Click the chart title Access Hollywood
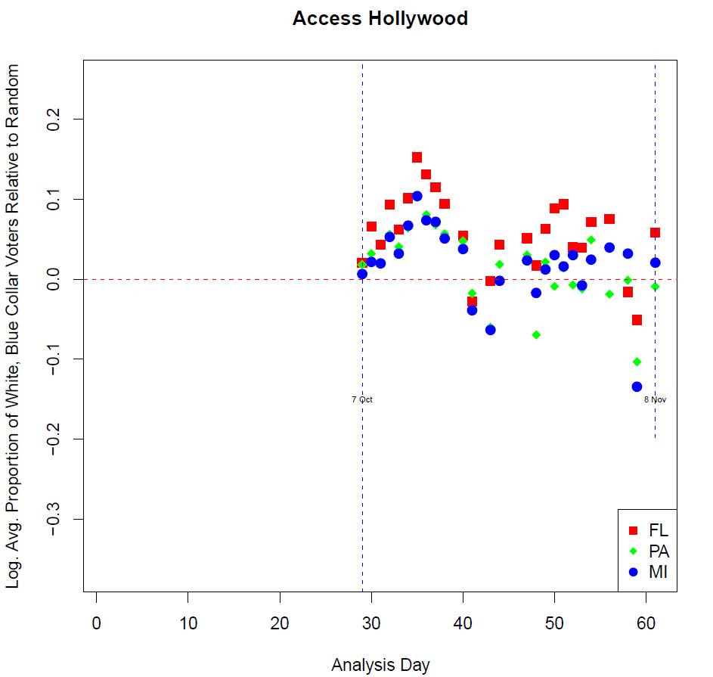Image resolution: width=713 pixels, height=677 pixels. [x=380, y=18]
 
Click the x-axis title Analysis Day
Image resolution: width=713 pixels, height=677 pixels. [x=380, y=665]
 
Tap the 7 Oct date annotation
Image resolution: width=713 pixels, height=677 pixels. [x=362, y=399]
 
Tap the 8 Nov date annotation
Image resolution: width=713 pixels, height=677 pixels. [x=655, y=399]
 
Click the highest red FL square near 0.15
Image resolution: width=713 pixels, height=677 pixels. [x=417, y=157]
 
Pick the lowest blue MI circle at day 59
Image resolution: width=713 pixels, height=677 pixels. [x=637, y=387]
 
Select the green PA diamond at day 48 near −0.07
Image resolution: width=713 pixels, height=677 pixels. [x=536, y=334]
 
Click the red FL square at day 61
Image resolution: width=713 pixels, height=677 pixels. [x=655, y=232]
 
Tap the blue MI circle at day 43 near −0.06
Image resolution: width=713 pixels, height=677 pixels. [x=490, y=329]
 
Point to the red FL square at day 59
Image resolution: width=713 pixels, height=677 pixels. [x=637, y=320]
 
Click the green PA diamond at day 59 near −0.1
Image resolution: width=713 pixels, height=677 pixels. [x=637, y=362]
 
